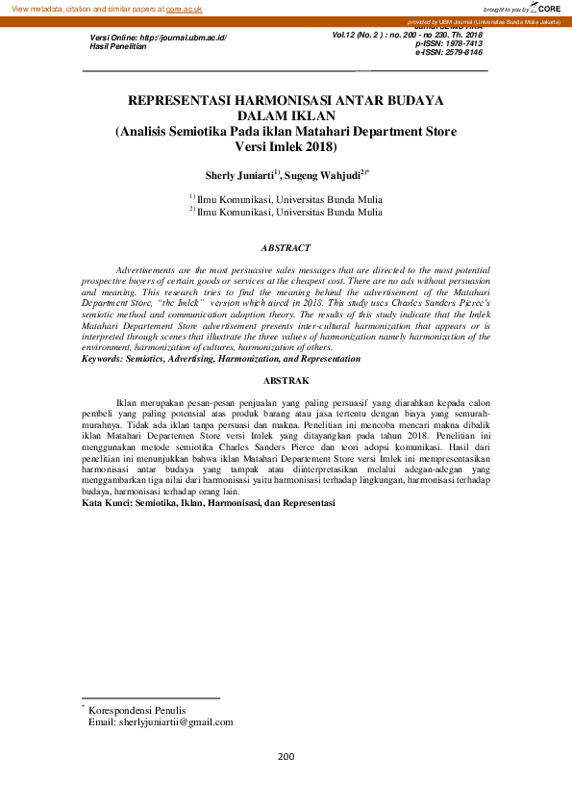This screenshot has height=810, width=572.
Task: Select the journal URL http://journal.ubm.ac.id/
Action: tap(184, 37)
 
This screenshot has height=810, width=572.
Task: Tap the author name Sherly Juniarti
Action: tap(238, 176)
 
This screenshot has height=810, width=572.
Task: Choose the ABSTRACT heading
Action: tap(286, 248)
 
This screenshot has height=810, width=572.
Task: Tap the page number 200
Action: tap(286, 756)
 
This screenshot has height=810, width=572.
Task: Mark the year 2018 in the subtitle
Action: tap(317, 147)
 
